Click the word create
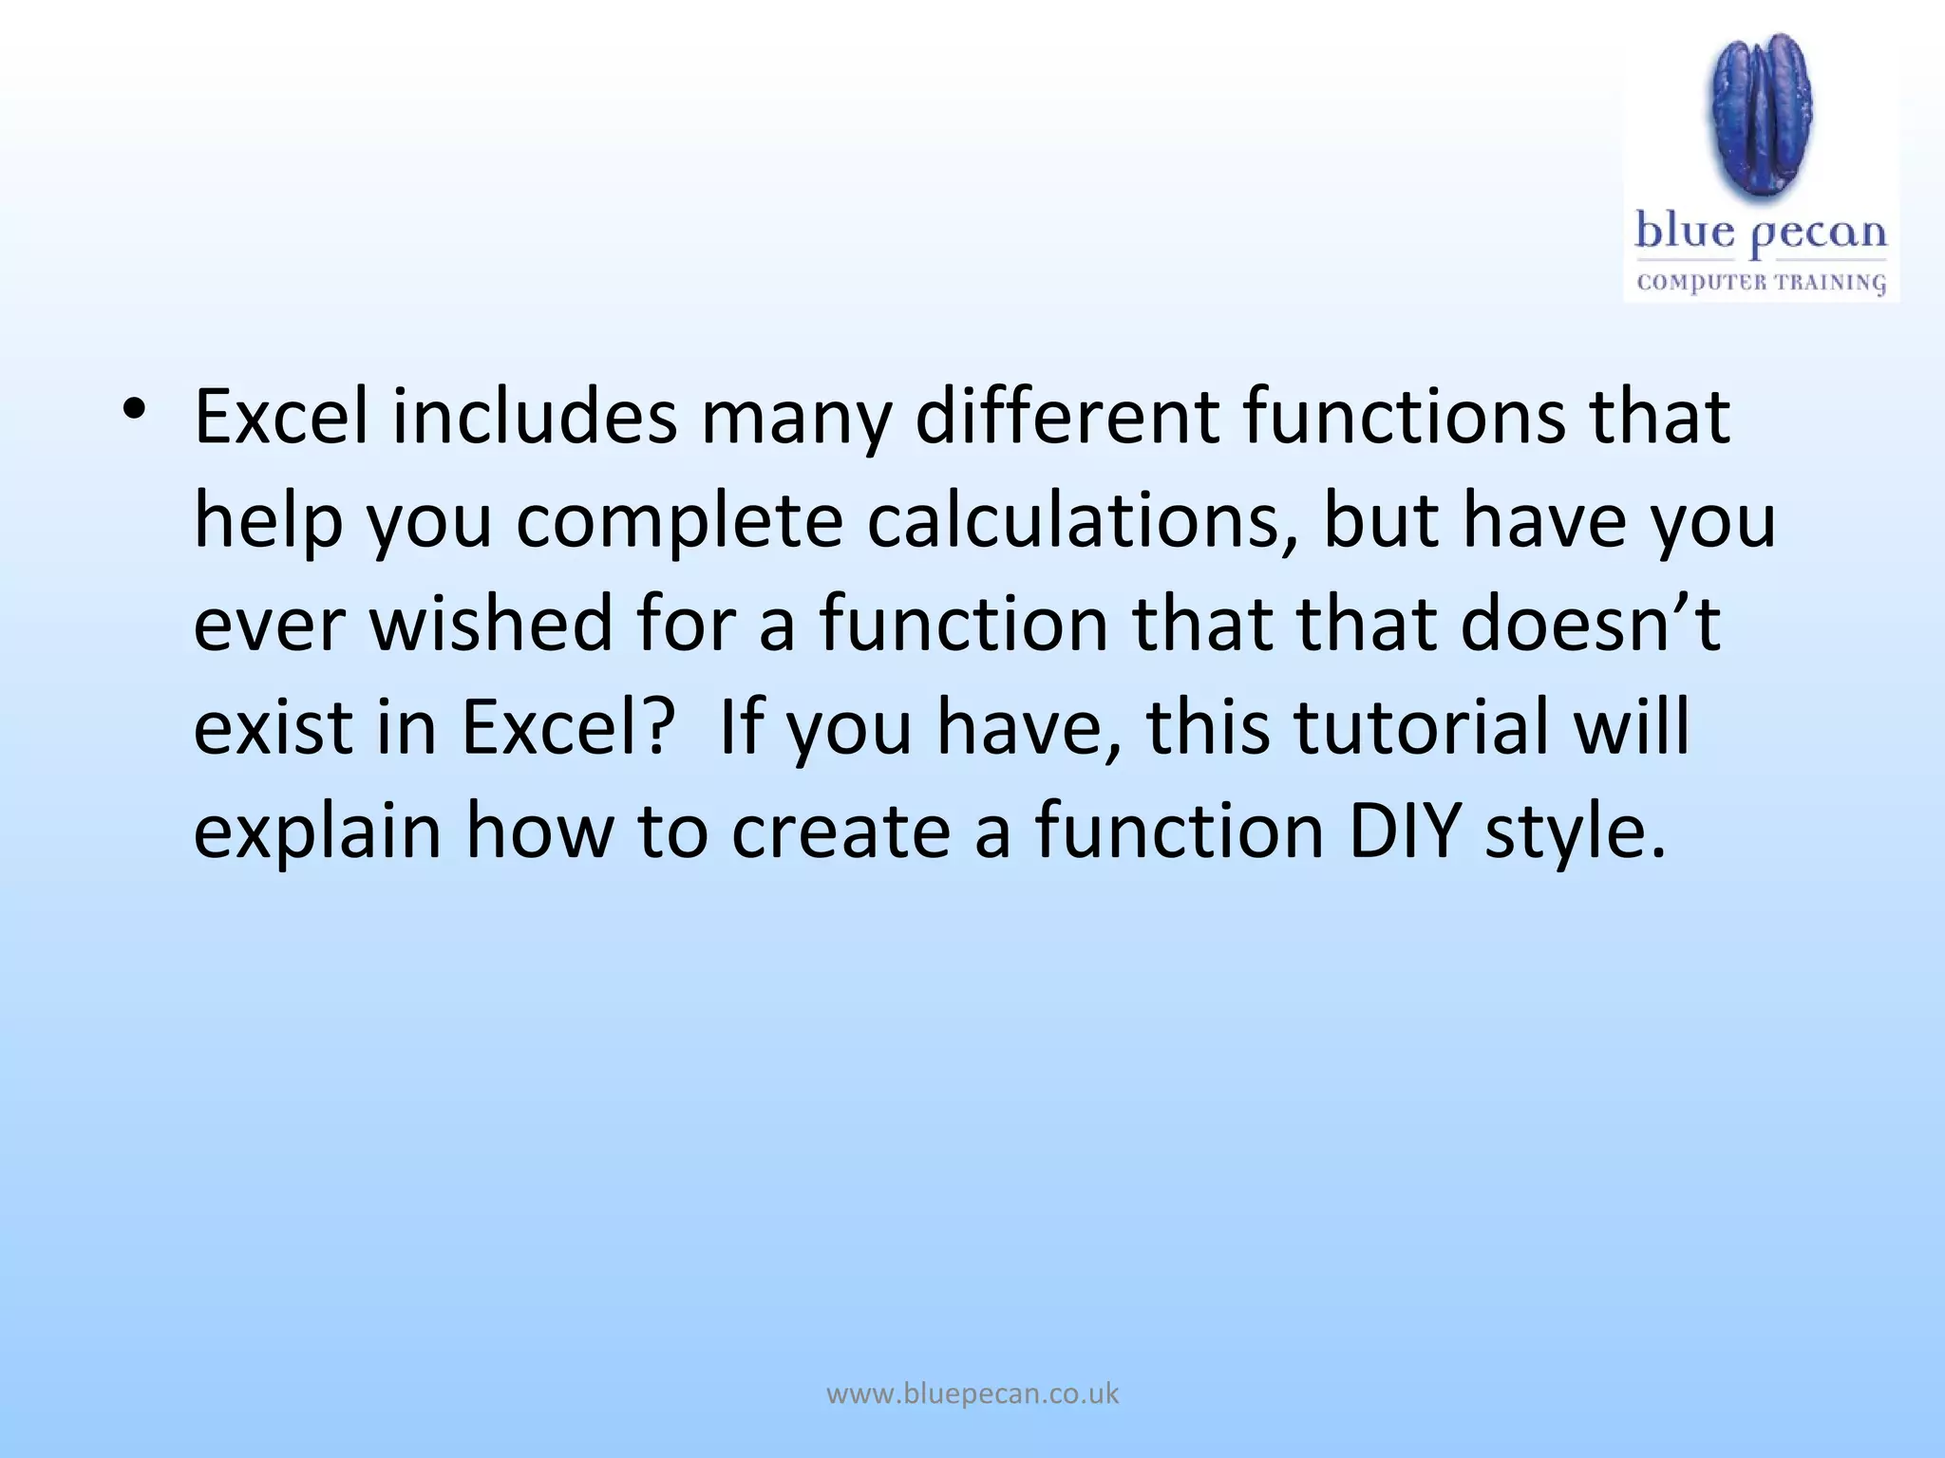(840, 831)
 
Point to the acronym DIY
(1405, 831)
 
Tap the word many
(796, 421)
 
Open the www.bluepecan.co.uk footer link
(972, 1394)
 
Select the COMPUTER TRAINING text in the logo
(1762, 283)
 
